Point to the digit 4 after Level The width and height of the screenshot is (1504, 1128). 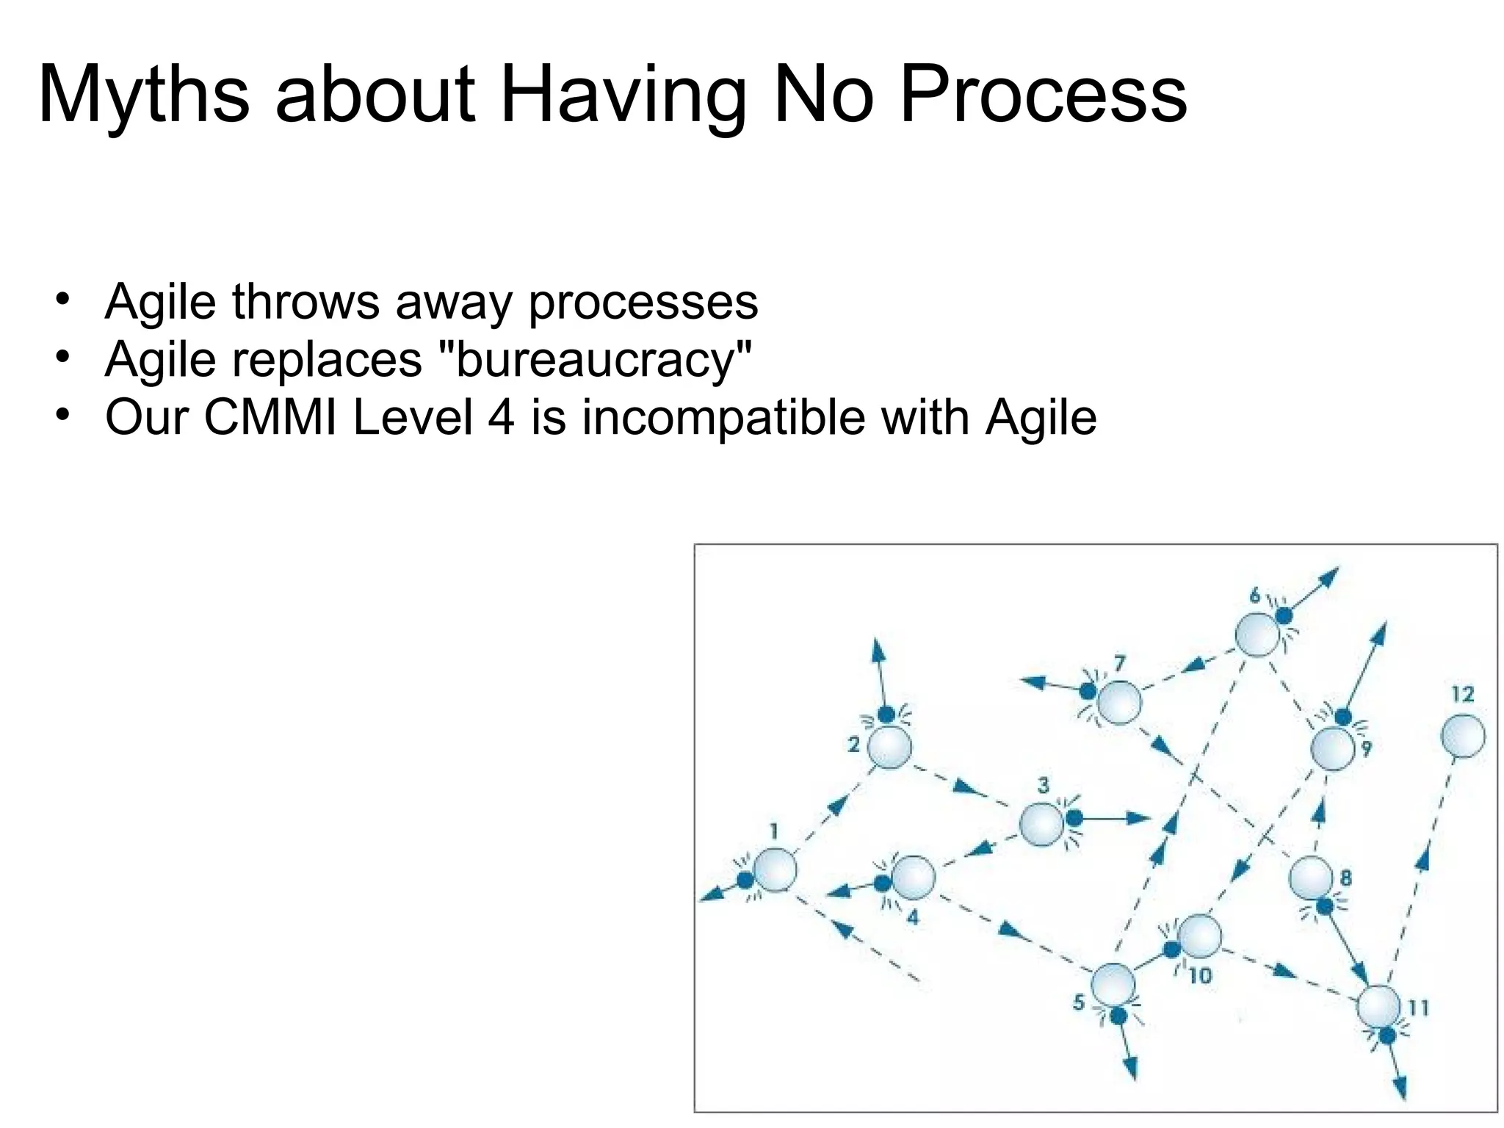click(501, 417)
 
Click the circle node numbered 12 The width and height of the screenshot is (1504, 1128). click(1462, 736)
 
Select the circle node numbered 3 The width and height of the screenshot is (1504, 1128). click(1041, 824)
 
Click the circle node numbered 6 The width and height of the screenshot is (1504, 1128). click(1257, 635)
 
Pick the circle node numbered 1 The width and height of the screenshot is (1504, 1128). click(775, 869)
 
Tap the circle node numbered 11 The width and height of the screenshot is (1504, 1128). click(1378, 1007)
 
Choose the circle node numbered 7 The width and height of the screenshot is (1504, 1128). click(1119, 702)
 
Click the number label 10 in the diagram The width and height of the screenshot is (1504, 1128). click(1200, 976)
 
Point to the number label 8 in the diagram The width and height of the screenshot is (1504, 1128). click(1346, 878)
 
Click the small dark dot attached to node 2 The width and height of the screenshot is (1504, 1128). click(886, 714)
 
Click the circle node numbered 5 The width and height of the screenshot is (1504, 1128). click(1113, 985)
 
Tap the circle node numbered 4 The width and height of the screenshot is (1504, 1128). click(913, 878)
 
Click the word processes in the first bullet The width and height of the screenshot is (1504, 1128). click(643, 301)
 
